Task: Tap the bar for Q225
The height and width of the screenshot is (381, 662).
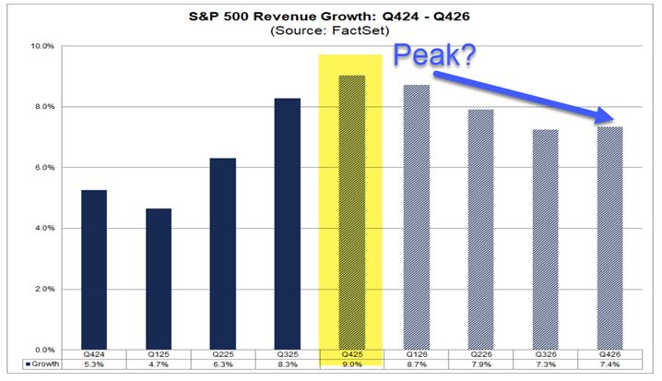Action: (222, 254)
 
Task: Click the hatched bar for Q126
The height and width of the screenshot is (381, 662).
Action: (416, 217)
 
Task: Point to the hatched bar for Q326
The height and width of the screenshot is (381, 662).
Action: (544, 239)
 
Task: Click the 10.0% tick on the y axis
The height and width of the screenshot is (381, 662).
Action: (43, 45)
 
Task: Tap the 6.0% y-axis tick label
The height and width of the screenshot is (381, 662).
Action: (44, 167)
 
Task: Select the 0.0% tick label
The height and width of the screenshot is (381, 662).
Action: (44, 350)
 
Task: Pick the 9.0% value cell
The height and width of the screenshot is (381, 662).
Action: (351, 366)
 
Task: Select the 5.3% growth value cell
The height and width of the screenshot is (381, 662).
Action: (94, 366)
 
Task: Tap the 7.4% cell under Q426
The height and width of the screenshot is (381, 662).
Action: (609, 366)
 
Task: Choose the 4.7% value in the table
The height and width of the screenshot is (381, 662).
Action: (158, 366)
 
